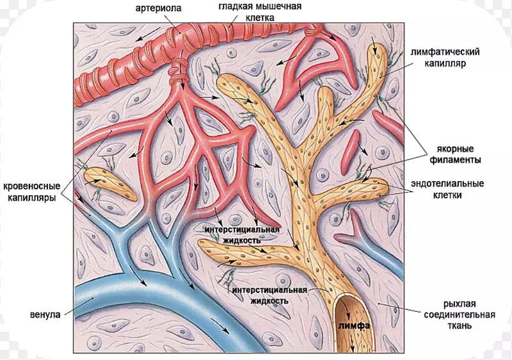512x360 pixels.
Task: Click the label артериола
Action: (x=157, y=8)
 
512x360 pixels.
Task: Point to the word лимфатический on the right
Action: (x=447, y=52)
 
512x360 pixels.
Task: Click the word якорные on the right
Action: (x=455, y=147)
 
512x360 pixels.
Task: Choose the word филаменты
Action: (x=455, y=159)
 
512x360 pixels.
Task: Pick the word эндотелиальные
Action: (x=452, y=183)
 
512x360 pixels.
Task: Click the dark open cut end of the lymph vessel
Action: (x=351, y=307)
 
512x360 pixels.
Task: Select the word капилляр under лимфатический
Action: (x=447, y=64)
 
